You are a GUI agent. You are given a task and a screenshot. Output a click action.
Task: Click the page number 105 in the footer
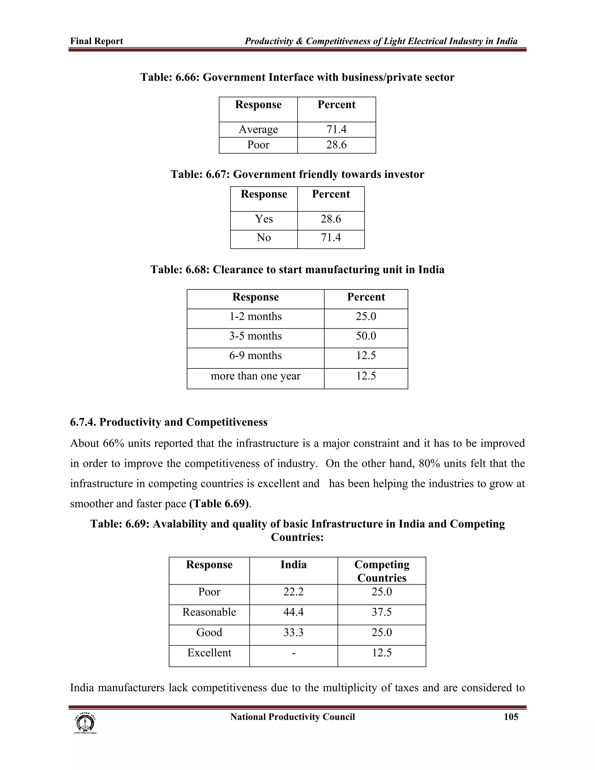[511, 717]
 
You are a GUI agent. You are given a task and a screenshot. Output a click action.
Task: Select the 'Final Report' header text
[96, 41]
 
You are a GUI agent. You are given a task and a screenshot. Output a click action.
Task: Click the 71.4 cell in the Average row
[336, 129]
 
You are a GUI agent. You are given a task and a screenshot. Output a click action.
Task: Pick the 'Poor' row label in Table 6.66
[258, 145]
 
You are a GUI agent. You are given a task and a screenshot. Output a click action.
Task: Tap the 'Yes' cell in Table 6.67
[264, 219]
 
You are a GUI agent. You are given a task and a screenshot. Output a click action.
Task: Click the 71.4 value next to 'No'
[331, 238]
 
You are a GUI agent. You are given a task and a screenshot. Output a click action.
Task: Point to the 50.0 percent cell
[366, 336]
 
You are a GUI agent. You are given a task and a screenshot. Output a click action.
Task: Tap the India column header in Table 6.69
[293, 565]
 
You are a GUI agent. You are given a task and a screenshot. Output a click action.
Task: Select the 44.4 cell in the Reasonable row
[293, 612]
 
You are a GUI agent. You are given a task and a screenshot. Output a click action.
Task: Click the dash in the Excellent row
[293, 653]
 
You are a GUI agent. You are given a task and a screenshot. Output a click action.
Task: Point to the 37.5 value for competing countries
[382, 612]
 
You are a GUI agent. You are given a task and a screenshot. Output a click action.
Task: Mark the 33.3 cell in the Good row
[293, 633]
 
